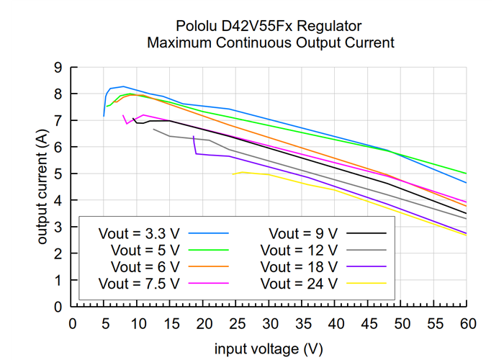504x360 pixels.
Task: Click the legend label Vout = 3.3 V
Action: tap(139, 233)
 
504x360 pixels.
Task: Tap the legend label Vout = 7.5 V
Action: tap(139, 283)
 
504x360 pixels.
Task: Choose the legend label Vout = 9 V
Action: tap(303, 233)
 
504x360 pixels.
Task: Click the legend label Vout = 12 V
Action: tap(299, 250)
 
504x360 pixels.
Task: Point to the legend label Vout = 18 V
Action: tap(299, 266)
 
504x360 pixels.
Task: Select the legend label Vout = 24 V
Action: tap(299, 283)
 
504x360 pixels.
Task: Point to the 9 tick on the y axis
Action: tap(58, 68)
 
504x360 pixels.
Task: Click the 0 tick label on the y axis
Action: tap(58, 307)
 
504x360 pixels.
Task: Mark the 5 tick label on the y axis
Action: tap(58, 174)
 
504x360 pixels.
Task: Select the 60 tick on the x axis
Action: tap(467, 323)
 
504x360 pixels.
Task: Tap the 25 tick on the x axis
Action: tap(236, 323)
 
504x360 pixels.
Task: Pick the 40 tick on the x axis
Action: tap(335, 323)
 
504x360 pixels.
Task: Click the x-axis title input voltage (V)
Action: tap(269, 348)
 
